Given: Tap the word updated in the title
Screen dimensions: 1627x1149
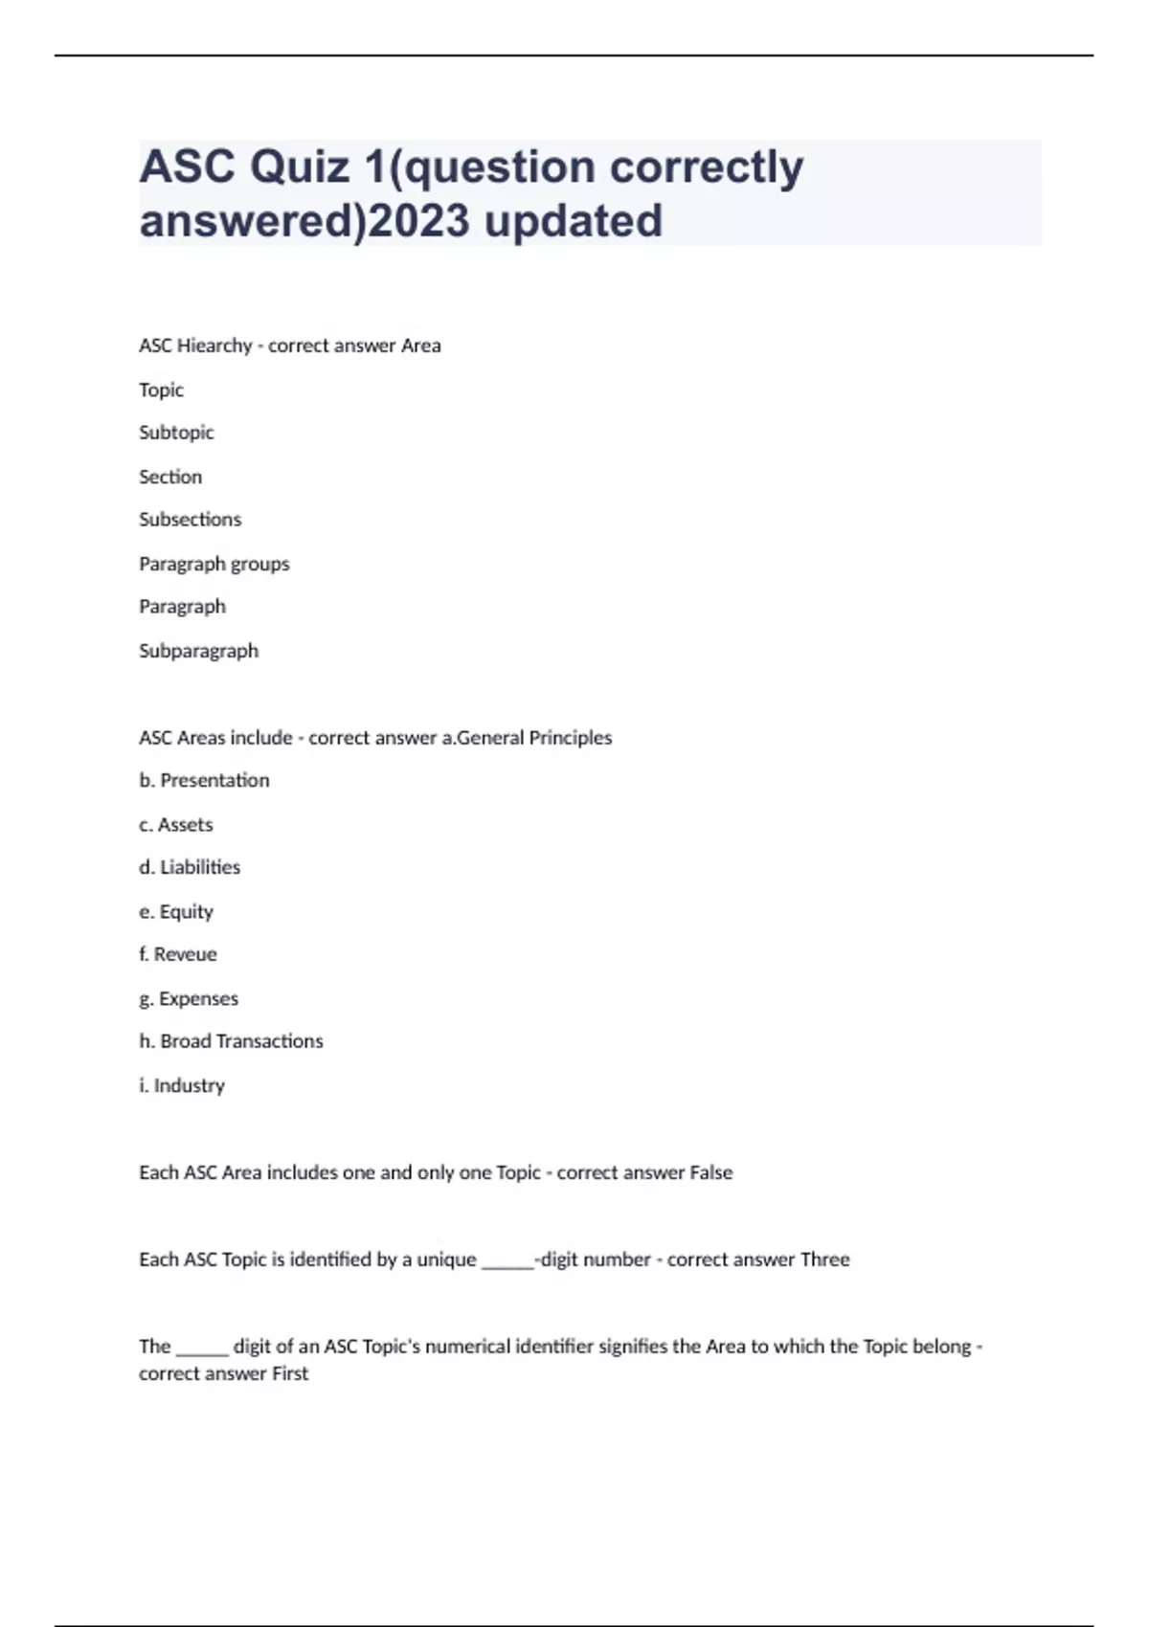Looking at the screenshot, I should [573, 221].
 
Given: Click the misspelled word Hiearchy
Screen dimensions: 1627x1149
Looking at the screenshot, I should [215, 345].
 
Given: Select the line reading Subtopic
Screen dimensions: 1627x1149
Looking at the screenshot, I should [176, 433].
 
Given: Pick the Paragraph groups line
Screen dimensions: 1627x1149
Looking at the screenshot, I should [214, 564].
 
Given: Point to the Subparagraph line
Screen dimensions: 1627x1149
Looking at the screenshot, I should [198, 651].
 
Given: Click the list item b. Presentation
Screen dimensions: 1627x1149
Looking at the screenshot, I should [204, 781].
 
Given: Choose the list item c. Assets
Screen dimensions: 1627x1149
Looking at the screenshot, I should [176, 825].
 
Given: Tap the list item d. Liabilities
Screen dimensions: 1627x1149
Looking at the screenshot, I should [190, 867].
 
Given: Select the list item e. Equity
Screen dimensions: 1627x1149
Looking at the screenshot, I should [176, 911].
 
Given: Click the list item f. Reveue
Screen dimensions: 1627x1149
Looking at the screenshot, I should [178, 954].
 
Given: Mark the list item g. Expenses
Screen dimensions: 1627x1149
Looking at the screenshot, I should [189, 998].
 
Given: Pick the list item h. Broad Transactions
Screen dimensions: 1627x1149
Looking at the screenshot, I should [231, 1041].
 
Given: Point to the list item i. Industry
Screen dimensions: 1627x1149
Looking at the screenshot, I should [182, 1085].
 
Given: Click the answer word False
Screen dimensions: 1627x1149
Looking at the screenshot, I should [710, 1172].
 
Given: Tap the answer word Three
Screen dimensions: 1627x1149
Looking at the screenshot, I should [824, 1259].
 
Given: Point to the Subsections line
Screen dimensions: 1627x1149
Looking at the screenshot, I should [190, 520].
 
